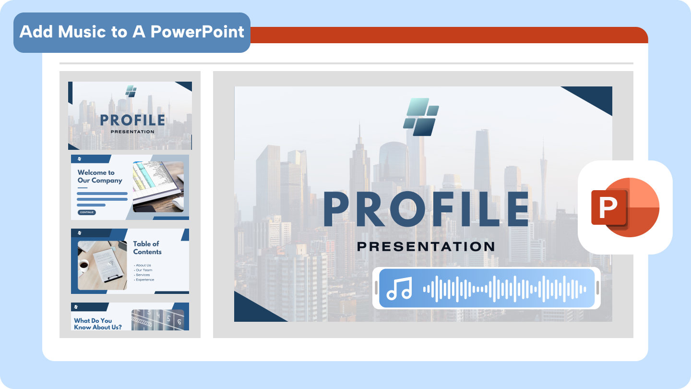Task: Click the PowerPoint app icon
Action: pyautogui.click(x=625, y=207)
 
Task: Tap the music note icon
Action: pyautogui.click(x=399, y=288)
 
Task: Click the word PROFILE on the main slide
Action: pyautogui.click(x=426, y=208)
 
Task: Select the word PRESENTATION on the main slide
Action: pyautogui.click(x=426, y=247)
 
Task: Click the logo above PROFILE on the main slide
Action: pyautogui.click(x=421, y=117)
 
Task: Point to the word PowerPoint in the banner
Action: pyautogui.click(x=197, y=32)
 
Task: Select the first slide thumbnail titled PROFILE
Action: pyautogui.click(x=130, y=116)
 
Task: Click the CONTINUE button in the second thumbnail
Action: pyautogui.click(x=87, y=212)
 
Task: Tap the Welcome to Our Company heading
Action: pyautogui.click(x=100, y=176)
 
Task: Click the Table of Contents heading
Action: pyautogui.click(x=147, y=248)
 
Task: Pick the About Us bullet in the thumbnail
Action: pyautogui.click(x=143, y=265)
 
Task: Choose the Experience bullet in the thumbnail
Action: pyautogui.click(x=144, y=280)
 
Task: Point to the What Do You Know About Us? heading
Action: pyautogui.click(x=98, y=324)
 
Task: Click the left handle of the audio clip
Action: pyautogui.click(x=376, y=288)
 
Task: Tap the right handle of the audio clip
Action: pyautogui.click(x=597, y=288)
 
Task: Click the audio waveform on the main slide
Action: pyautogui.click(x=504, y=289)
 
